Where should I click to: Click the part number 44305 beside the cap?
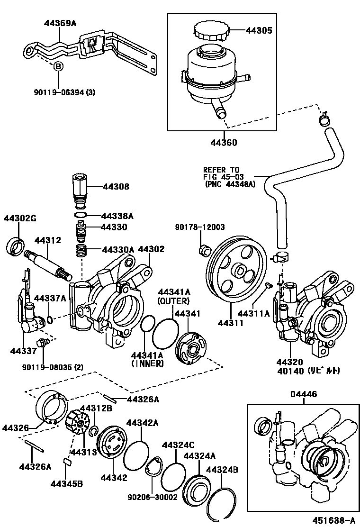tap(258, 31)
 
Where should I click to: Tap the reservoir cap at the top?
tap(211, 33)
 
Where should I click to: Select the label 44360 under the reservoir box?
tap(224, 143)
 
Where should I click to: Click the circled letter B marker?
tap(58, 67)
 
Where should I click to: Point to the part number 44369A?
tap(60, 22)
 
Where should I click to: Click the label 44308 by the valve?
tap(115, 187)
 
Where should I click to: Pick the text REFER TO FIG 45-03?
tap(222, 173)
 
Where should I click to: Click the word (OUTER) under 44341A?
tap(174, 300)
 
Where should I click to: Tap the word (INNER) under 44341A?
tap(147, 363)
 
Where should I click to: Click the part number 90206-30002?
tap(152, 498)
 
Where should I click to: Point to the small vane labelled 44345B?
tap(66, 461)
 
